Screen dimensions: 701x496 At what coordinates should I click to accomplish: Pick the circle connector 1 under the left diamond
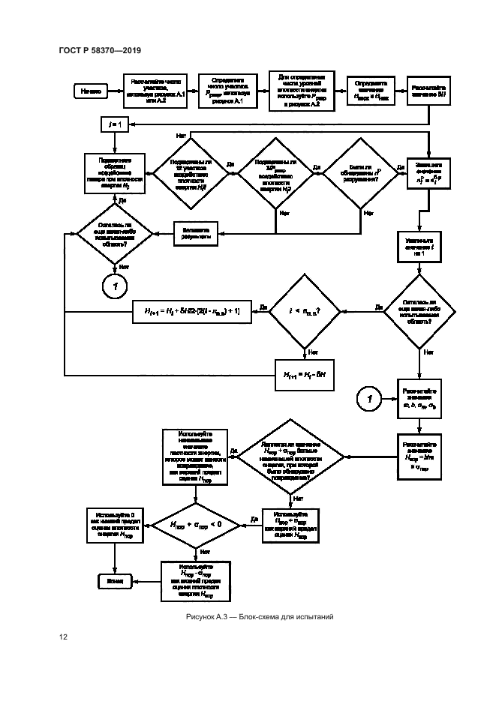116,285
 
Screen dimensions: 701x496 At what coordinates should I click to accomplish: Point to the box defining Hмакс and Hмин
370,91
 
